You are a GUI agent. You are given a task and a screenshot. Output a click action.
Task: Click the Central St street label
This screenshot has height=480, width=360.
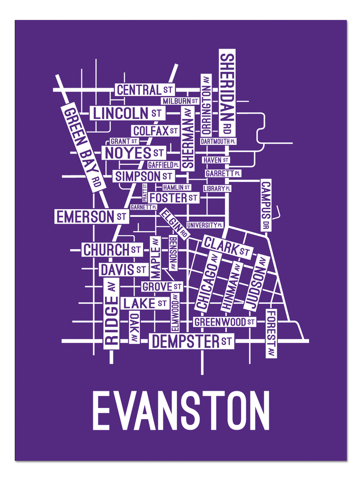pos(144,90)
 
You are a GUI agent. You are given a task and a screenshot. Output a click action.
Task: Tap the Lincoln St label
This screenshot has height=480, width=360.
pos(127,112)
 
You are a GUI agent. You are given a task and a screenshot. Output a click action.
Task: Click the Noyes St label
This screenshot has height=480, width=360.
pos(134,153)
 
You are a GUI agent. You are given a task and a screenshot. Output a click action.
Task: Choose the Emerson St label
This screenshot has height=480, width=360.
pos(90,217)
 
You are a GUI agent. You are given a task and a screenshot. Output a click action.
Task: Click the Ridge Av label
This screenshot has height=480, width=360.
pos(111,313)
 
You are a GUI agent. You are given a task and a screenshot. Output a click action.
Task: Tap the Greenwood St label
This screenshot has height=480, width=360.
pos(224,322)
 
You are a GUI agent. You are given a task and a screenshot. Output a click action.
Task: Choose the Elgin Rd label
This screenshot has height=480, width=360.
pos(174,223)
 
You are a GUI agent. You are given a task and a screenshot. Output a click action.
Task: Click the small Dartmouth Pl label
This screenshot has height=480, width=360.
pos(218,141)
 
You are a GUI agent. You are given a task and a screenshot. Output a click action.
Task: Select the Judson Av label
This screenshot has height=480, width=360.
pos(256,283)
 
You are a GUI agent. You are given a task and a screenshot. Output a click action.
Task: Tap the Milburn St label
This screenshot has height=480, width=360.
pos(180,101)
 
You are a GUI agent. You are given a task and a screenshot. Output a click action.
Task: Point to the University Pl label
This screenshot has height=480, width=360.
pos(205,224)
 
